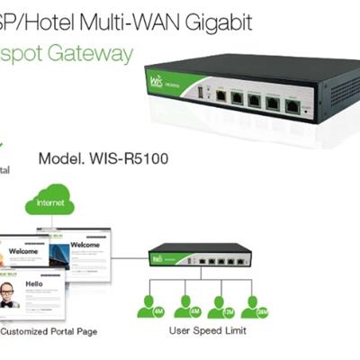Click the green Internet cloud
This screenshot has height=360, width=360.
(x=50, y=203)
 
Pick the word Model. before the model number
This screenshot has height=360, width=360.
(x=60, y=158)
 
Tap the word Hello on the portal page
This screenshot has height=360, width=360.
(x=34, y=283)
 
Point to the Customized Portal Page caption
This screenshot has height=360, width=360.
(x=49, y=331)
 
